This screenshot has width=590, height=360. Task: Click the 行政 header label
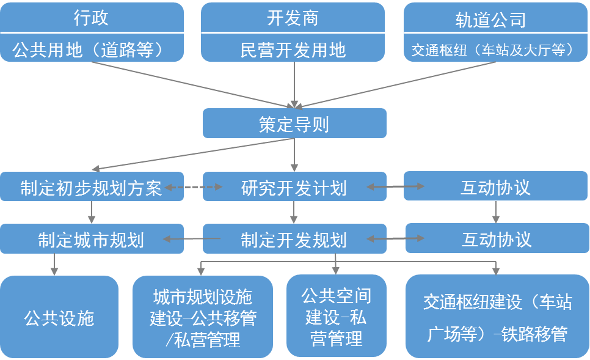pos(91,18)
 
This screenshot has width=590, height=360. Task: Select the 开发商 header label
pos(293,18)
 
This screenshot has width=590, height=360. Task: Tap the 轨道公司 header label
pos(490,19)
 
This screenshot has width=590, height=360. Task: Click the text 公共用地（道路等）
pos(91,49)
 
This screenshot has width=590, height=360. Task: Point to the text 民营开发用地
pos(293,49)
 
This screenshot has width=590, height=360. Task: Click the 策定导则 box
pos(294,124)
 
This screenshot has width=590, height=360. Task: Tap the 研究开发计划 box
pos(294,187)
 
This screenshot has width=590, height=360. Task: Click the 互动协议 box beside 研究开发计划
pos(495,187)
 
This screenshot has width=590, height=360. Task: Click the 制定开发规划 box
pos(294,239)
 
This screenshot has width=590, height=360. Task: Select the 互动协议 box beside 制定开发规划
pos(495,239)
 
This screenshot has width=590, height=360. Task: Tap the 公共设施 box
pos(59,317)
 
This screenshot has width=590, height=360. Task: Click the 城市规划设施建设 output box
pos(203,317)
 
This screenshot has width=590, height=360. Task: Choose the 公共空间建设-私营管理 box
pos(337,317)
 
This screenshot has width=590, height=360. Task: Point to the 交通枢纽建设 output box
pos(497,317)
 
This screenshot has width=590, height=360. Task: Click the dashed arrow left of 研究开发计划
pos(193,187)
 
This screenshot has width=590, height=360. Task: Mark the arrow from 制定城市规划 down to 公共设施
pos(55,264)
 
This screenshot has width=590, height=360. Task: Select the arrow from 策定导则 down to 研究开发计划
pos(294,155)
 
